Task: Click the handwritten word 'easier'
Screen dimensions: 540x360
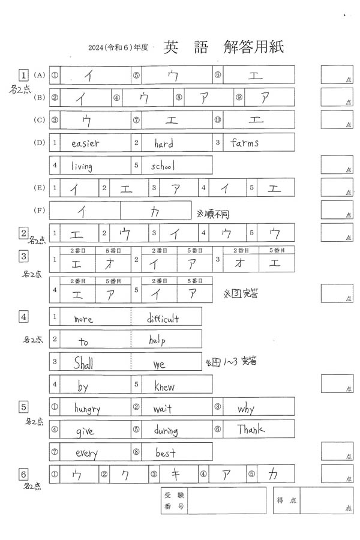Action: pos(85,143)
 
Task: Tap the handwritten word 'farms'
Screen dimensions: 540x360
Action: pos(244,143)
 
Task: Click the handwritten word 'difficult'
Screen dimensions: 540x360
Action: pos(163,319)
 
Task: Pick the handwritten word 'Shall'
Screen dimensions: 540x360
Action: pos(84,362)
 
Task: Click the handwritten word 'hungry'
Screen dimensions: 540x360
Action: pos(87,409)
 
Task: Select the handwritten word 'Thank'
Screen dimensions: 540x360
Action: pos(250,430)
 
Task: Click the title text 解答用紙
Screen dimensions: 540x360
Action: pos(253,47)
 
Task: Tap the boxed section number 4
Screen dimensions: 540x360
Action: pos(24,316)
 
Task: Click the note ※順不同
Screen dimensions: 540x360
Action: pos(213,214)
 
